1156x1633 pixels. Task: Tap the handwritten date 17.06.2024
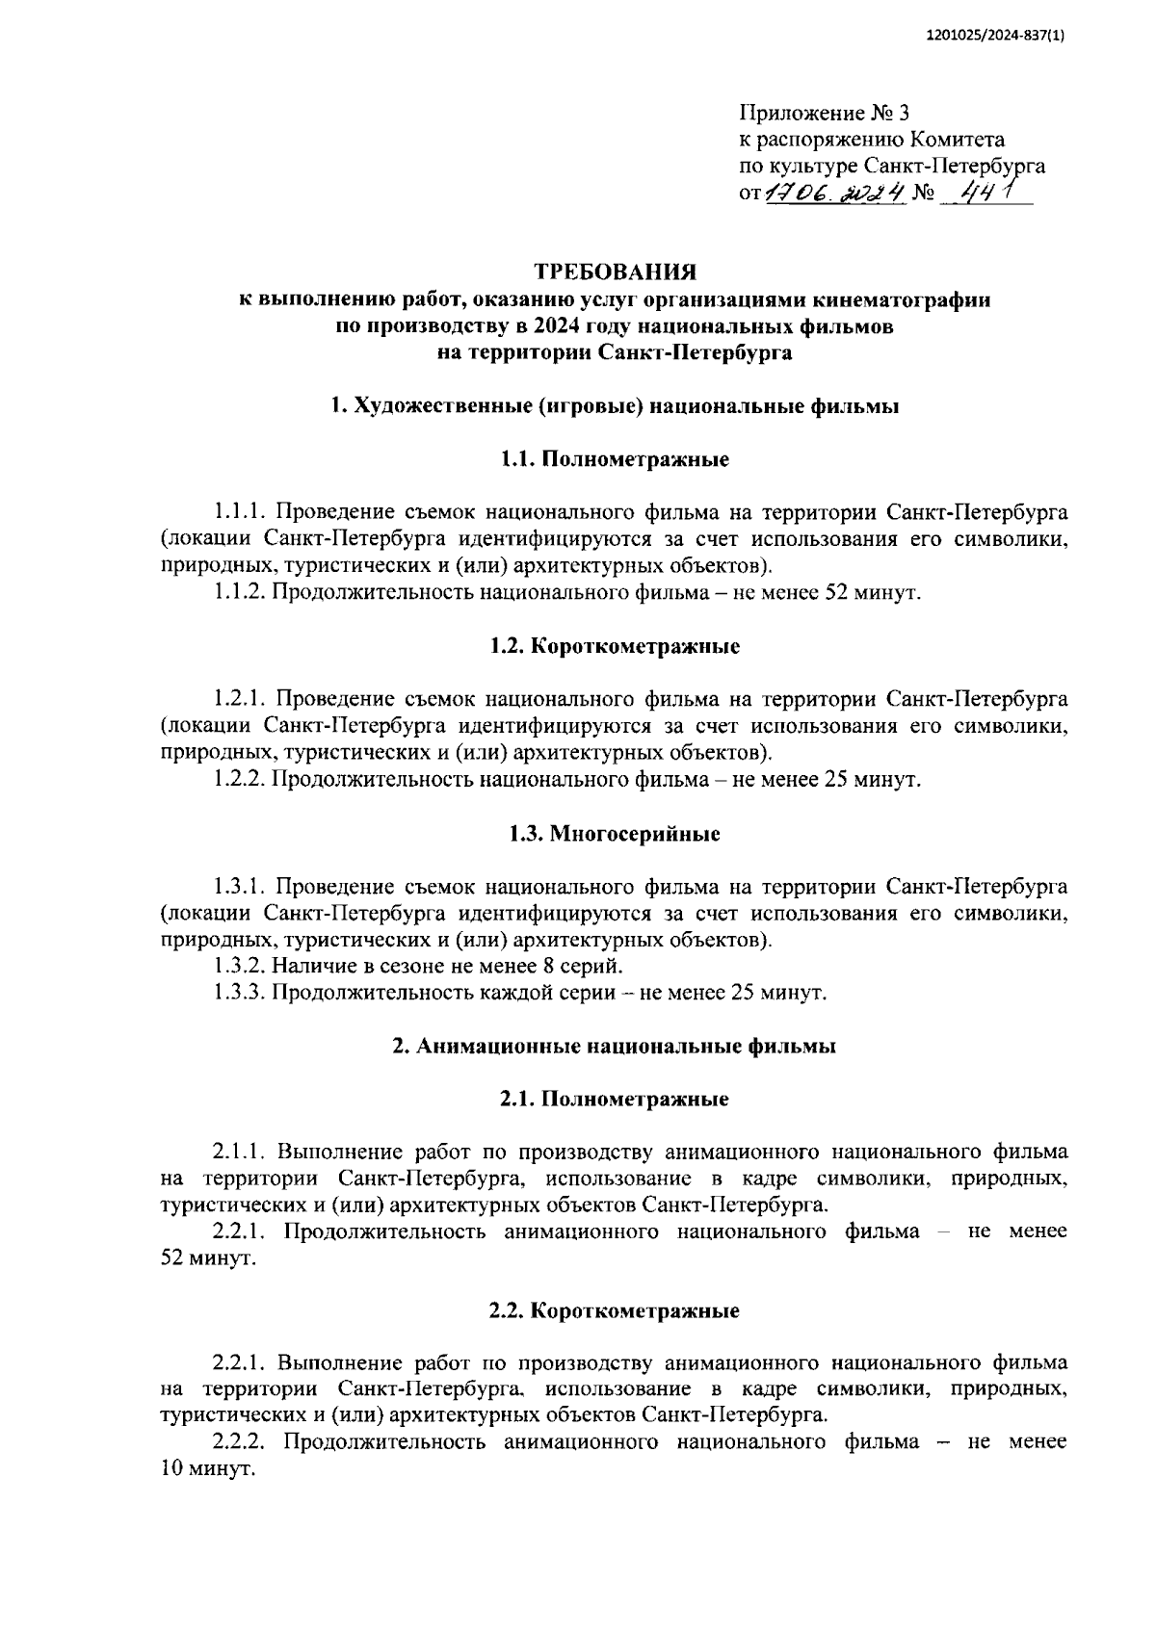(838, 194)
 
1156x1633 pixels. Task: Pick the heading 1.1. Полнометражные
(615, 459)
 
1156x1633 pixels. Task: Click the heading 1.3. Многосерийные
(615, 834)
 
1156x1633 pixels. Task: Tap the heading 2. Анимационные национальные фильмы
(615, 1047)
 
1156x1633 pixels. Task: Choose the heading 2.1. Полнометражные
(615, 1099)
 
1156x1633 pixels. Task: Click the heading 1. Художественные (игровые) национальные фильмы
(615, 406)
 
